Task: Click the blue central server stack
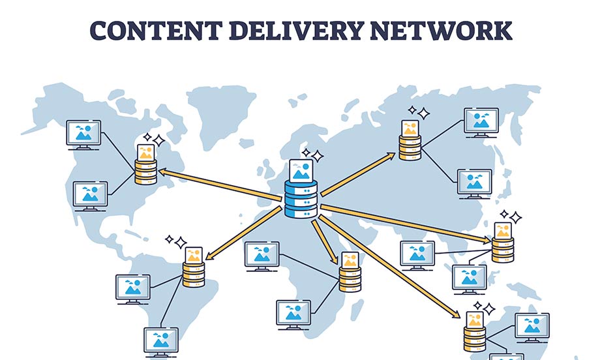[x=301, y=200]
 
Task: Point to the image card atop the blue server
[x=300, y=171]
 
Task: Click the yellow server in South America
[x=194, y=273]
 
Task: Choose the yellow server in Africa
[x=349, y=279]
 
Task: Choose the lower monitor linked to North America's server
[x=91, y=194]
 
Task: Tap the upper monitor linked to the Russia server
[x=481, y=121]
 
